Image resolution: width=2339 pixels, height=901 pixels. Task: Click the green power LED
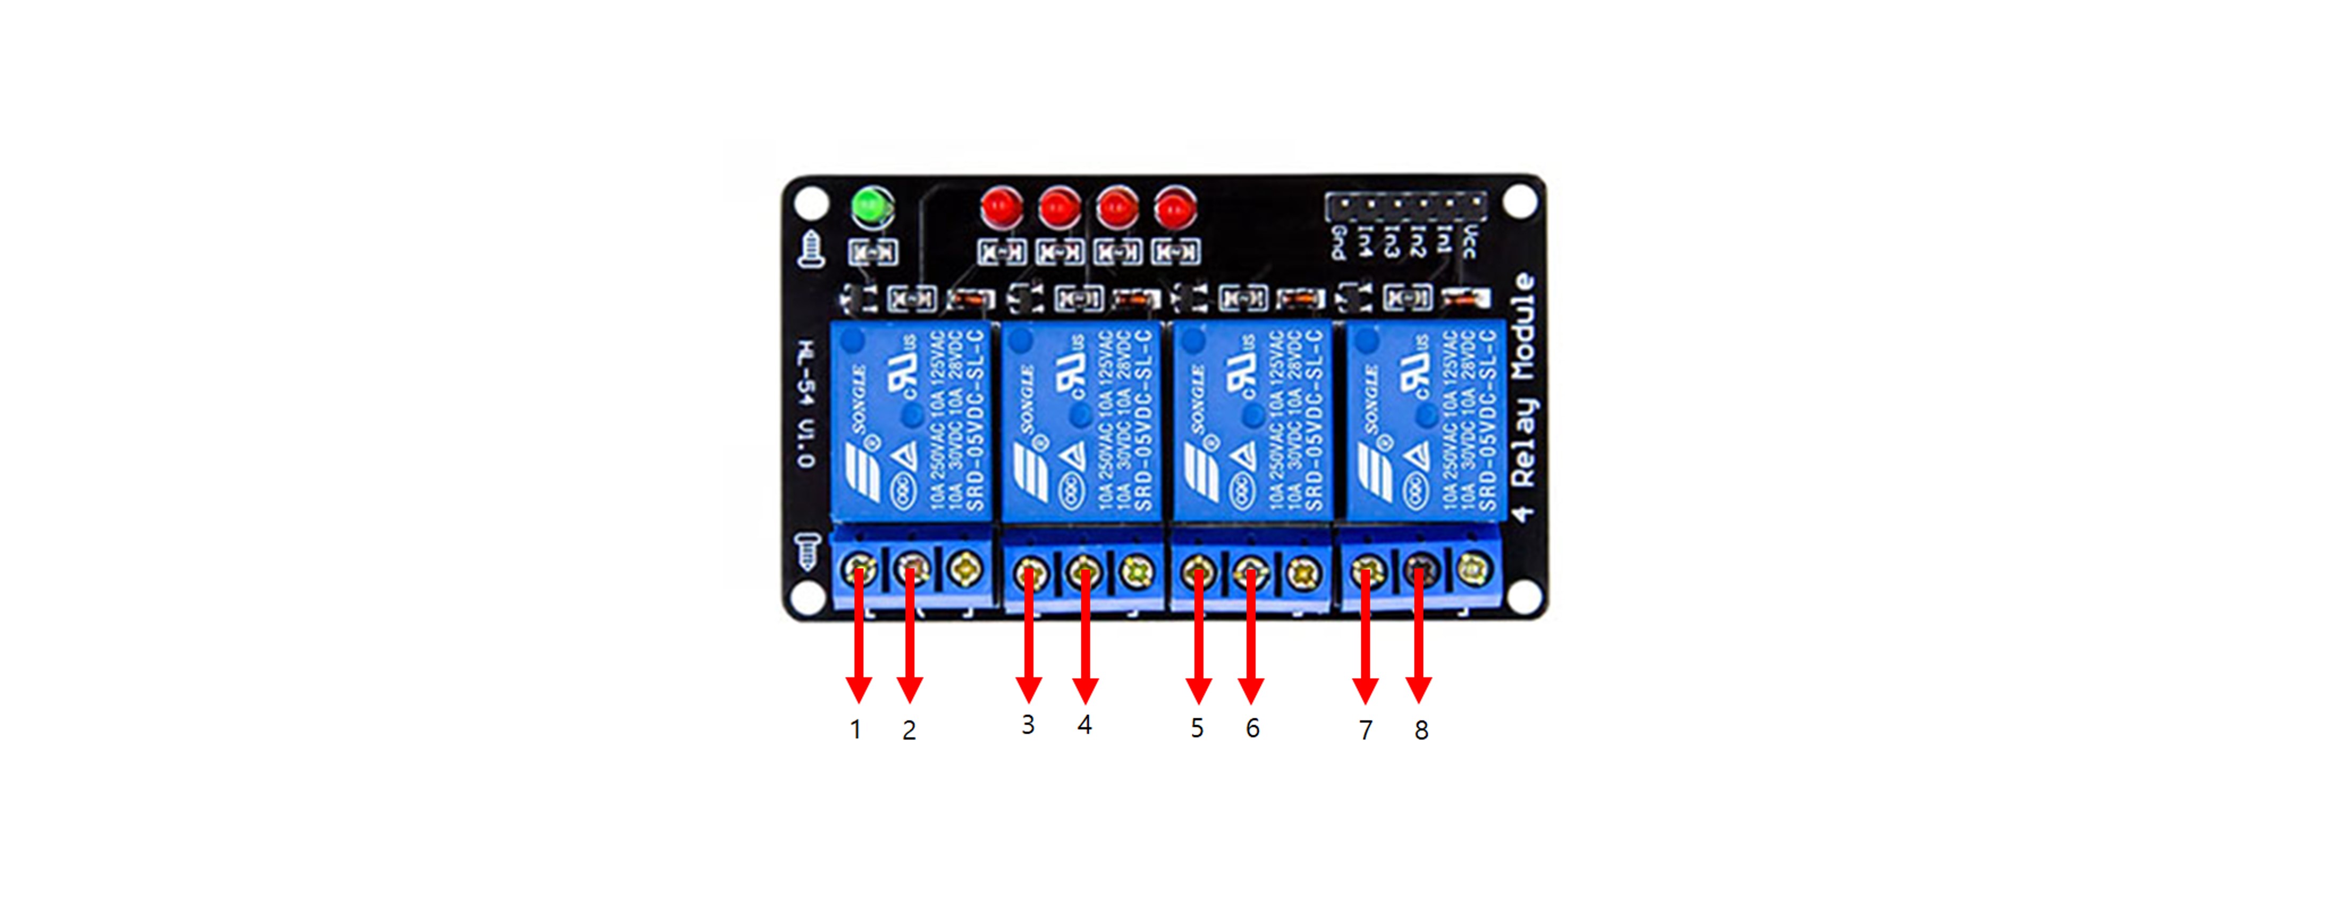pos(872,207)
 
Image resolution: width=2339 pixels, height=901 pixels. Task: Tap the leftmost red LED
pos(1002,207)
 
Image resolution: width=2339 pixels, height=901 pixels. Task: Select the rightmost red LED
pos(1175,208)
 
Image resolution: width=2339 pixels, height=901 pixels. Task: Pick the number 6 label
pos(1252,728)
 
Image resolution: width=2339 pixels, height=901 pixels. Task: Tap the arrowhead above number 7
pos(1365,691)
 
